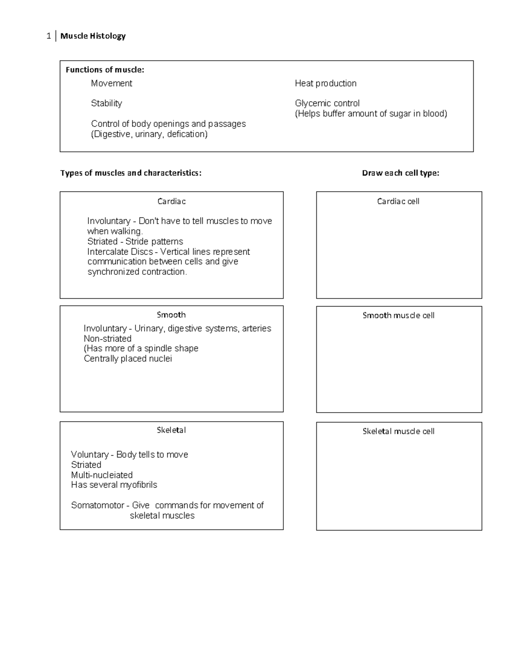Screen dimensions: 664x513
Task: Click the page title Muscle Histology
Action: pyautogui.click(x=93, y=36)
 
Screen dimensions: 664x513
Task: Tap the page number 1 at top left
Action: pyautogui.click(x=49, y=36)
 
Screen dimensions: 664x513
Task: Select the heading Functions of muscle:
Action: pyautogui.click(x=105, y=70)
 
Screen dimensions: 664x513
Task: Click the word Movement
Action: pyautogui.click(x=111, y=83)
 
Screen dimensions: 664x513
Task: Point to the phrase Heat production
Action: pyautogui.click(x=325, y=83)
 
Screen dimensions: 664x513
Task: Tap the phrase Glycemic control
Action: pyautogui.click(x=327, y=103)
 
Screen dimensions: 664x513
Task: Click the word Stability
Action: pyautogui.click(x=106, y=103)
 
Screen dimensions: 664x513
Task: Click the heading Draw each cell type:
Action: pyautogui.click(x=400, y=173)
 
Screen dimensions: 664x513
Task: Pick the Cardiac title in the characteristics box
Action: pyautogui.click(x=171, y=201)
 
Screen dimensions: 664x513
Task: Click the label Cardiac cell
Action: pyautogui.click(x=398, y=201)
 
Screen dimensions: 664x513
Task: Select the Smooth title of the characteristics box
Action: pyautogui.click(x=171, y=315)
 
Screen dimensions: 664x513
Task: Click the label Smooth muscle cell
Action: pyautogui.click(x=398, y=316)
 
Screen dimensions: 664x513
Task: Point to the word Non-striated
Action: pyautogui.click(x=107, y=339)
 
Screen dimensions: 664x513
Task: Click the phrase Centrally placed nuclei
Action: pyautogui.click(x=128, y=359)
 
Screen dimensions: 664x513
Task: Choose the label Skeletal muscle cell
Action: pyautogui.click(x=398, y=431)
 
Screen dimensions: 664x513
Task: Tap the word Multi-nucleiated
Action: pyautogui.click(x=102, y=475)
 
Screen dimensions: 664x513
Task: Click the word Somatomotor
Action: pyautogui.click(x=97, y=505)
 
